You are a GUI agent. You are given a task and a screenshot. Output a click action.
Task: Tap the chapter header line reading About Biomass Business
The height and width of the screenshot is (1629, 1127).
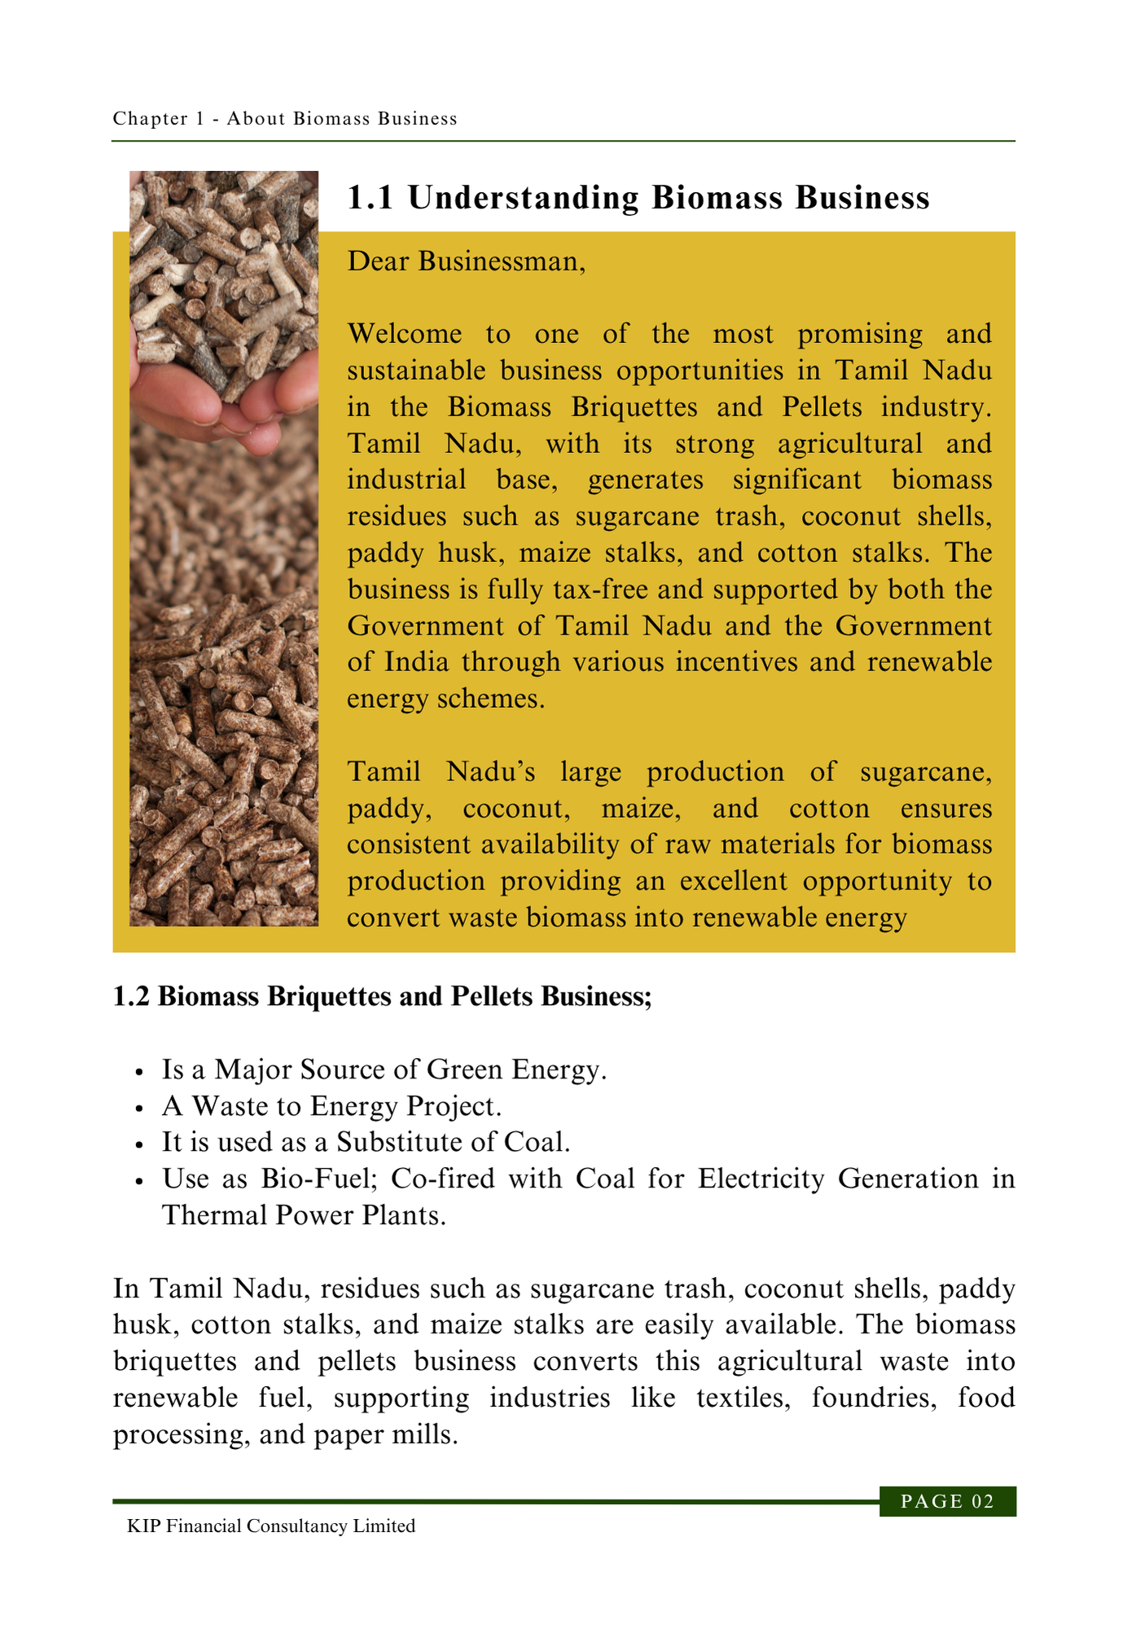[285, 119]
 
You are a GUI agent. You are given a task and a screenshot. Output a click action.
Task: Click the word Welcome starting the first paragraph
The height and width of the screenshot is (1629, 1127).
[404, 334]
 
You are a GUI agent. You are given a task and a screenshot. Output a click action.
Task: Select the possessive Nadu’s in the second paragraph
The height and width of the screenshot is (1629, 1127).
[491, 771]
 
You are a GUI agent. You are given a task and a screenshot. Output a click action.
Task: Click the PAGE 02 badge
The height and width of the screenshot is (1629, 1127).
[947, 1502]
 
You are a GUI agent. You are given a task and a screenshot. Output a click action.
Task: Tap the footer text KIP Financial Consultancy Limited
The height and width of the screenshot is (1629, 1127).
[271, 1526]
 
